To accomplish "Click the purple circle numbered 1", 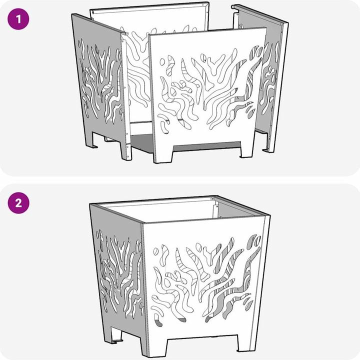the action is point(18,19).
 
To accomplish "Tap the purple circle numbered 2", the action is point(18,203).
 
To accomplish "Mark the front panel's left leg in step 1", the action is point(163,154).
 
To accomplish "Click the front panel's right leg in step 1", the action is point(246,149).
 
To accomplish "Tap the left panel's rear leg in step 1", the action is point(90,140).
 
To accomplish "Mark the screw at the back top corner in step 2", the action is point(212,197).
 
